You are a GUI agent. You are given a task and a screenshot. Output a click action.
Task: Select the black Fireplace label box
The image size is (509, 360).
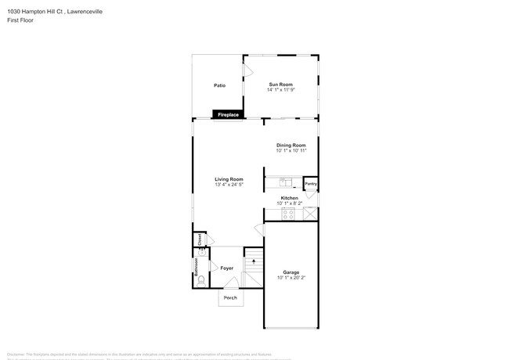[x=228, y=115]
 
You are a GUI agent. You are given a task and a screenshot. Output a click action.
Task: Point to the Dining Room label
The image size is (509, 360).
[x=291, y=145]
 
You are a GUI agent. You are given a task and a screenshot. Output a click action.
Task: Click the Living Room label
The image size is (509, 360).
[x=229, y=179]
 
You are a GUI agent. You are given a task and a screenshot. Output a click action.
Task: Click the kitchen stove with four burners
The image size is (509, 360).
[x=288, y=213]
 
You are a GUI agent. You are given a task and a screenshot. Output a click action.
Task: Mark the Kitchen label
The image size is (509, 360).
[x=290, y=198]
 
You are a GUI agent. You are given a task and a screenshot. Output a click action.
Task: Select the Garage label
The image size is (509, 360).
[x=291, y=272]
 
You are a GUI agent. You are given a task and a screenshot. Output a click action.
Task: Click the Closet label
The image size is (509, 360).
[x=200, y=239]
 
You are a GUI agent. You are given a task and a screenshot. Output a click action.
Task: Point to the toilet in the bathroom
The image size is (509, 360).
[x=200, y=279]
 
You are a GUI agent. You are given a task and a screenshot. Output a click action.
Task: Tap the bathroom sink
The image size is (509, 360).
[x=200, y=254]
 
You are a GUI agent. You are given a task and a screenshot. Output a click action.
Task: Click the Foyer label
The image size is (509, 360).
[x=227, y=268]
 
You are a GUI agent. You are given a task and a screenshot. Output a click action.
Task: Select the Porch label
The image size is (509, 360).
[x=230, y=298]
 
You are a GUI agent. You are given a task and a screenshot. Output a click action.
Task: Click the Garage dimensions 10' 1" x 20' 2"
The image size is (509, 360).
[x=291, y=278]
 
